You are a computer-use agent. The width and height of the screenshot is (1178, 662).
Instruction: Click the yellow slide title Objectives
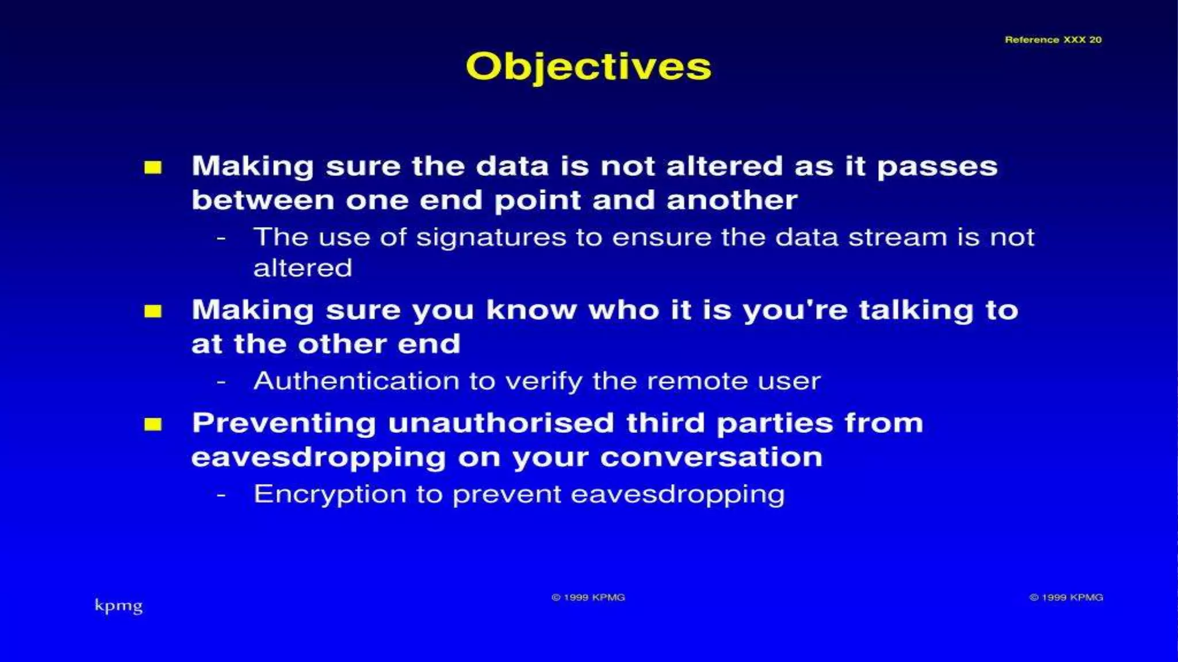(x=588, y=67)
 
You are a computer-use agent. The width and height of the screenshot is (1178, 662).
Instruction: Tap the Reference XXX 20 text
(x=1053, y=40)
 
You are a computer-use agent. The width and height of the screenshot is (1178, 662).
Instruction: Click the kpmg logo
(x=118, y=606)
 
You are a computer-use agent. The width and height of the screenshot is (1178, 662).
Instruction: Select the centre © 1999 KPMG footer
(x=588, y=598)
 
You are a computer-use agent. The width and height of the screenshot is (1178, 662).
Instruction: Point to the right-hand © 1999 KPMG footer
(x=1066, y=598)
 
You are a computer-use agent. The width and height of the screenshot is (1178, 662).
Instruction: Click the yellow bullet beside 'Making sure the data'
(x=153, y=167)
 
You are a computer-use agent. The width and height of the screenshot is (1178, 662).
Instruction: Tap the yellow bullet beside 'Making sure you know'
(x=153, y=311)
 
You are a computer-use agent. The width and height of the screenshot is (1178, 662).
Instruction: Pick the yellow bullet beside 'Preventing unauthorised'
(x=153, y=425)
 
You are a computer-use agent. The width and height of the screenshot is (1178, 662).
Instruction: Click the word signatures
(x=491, y=238)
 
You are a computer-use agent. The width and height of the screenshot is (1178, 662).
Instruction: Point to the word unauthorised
(x=501, y=424)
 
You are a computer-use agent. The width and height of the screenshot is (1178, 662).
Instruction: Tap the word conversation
(x=711, y=457)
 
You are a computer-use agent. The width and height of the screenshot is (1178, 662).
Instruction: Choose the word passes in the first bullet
(x=937, y=167)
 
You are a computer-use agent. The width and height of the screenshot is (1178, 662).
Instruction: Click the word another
(x=732, y=201)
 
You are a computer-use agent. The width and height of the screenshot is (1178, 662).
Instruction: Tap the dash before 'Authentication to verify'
(x=221, y=382)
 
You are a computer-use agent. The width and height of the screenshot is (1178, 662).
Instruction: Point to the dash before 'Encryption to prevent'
(x=221, y=495)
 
